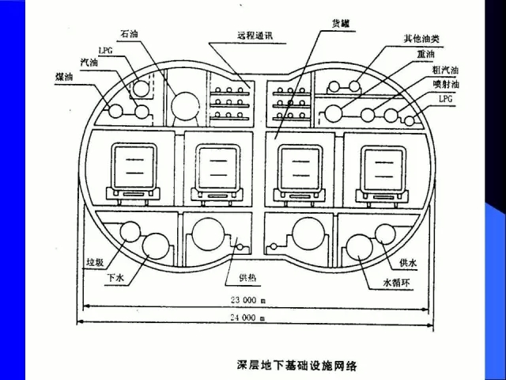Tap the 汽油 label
[89, 62]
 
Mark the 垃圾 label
[96, 262]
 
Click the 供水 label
[408, 262]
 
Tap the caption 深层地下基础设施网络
[297, 366]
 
